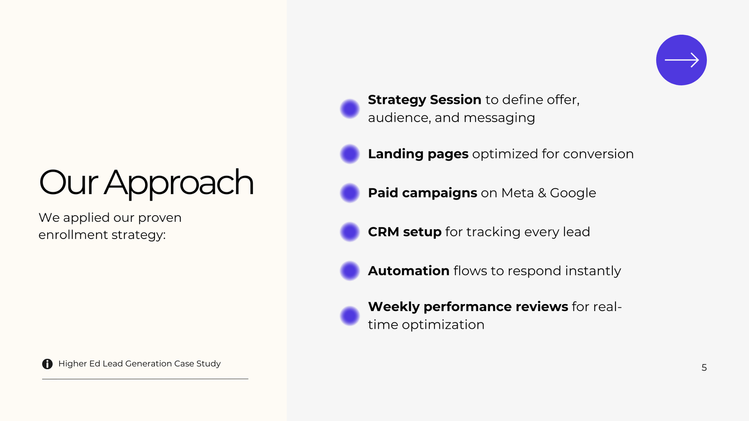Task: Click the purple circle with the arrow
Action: click(682, 60)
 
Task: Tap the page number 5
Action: click(704, 368)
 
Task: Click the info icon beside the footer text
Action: click(47, 364)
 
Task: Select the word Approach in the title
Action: click(178, 183)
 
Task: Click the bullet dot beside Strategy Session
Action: click(350, 109)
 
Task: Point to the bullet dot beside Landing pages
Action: click(350, 154)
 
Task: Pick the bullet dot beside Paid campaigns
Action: click(350, 193)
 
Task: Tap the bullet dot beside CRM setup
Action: click(350, 232)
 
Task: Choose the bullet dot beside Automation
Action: click(350, 271)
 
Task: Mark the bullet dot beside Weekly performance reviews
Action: click(350, 316)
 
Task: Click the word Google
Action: click(573, 194)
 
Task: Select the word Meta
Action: click(518, 193)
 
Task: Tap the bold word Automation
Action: click(409, 271)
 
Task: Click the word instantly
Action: click(593, 271)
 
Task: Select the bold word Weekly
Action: click(394, 307)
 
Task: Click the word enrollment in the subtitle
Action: click(73, 234)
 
